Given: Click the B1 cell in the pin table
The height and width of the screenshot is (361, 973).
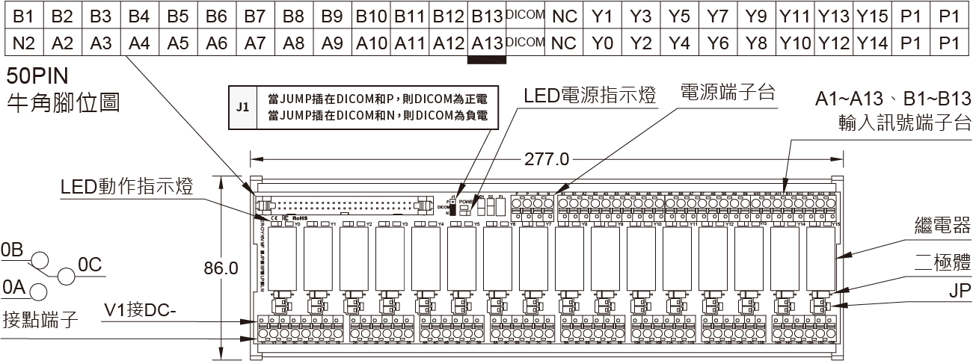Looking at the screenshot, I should coord(24,16).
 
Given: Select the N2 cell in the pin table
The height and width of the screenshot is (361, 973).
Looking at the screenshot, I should coord(24,43).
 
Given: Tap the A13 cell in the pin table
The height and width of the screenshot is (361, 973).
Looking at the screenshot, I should coord(487,43).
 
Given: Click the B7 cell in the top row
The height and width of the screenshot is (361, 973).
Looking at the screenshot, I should coord(255,16).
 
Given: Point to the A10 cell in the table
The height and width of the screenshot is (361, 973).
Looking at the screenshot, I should coord(372,43).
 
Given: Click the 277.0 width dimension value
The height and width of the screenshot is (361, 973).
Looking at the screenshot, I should coord(548,159).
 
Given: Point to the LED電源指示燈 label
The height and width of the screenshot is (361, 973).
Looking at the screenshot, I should coord(589,96).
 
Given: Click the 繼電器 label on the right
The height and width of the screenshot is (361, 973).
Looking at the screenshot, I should coord(942,226).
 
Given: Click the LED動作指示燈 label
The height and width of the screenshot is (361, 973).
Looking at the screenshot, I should coord(127,188).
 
